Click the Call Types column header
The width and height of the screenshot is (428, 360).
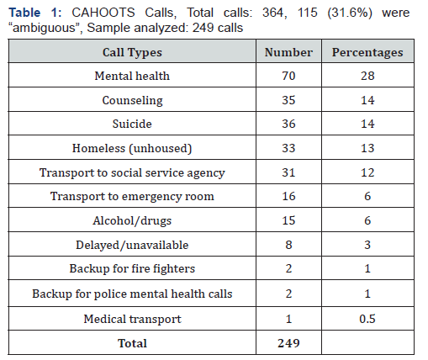click(132, 52)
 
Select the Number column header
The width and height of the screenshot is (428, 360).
click(288, 52)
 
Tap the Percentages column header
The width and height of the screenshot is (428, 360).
click(367, 52)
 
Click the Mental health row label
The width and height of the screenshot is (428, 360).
click(132, 76)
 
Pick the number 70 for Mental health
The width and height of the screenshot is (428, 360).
click(288, 76)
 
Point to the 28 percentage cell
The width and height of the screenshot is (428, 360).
click(367, 76)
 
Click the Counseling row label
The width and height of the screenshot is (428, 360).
click(132, 100)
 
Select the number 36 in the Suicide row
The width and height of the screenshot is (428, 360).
click(288, 124)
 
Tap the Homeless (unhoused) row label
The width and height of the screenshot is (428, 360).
click(132, 148)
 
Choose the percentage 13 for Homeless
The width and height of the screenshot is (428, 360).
click(367, 148)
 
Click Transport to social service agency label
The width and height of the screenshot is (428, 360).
click(132, 172)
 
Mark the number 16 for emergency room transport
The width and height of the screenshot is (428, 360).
click(288, 196)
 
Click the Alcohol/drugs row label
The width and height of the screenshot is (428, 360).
click(132, 220)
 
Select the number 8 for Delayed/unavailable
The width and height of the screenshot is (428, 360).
click(288, 245)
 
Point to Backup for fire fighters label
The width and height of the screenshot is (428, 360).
click(132, 268)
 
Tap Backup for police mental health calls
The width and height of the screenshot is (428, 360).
click(132, 294)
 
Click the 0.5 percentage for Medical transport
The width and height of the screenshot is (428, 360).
click(367, 319)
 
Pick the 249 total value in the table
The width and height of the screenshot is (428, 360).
click(288, 343)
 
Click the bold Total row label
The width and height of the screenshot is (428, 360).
click(132, 343)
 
